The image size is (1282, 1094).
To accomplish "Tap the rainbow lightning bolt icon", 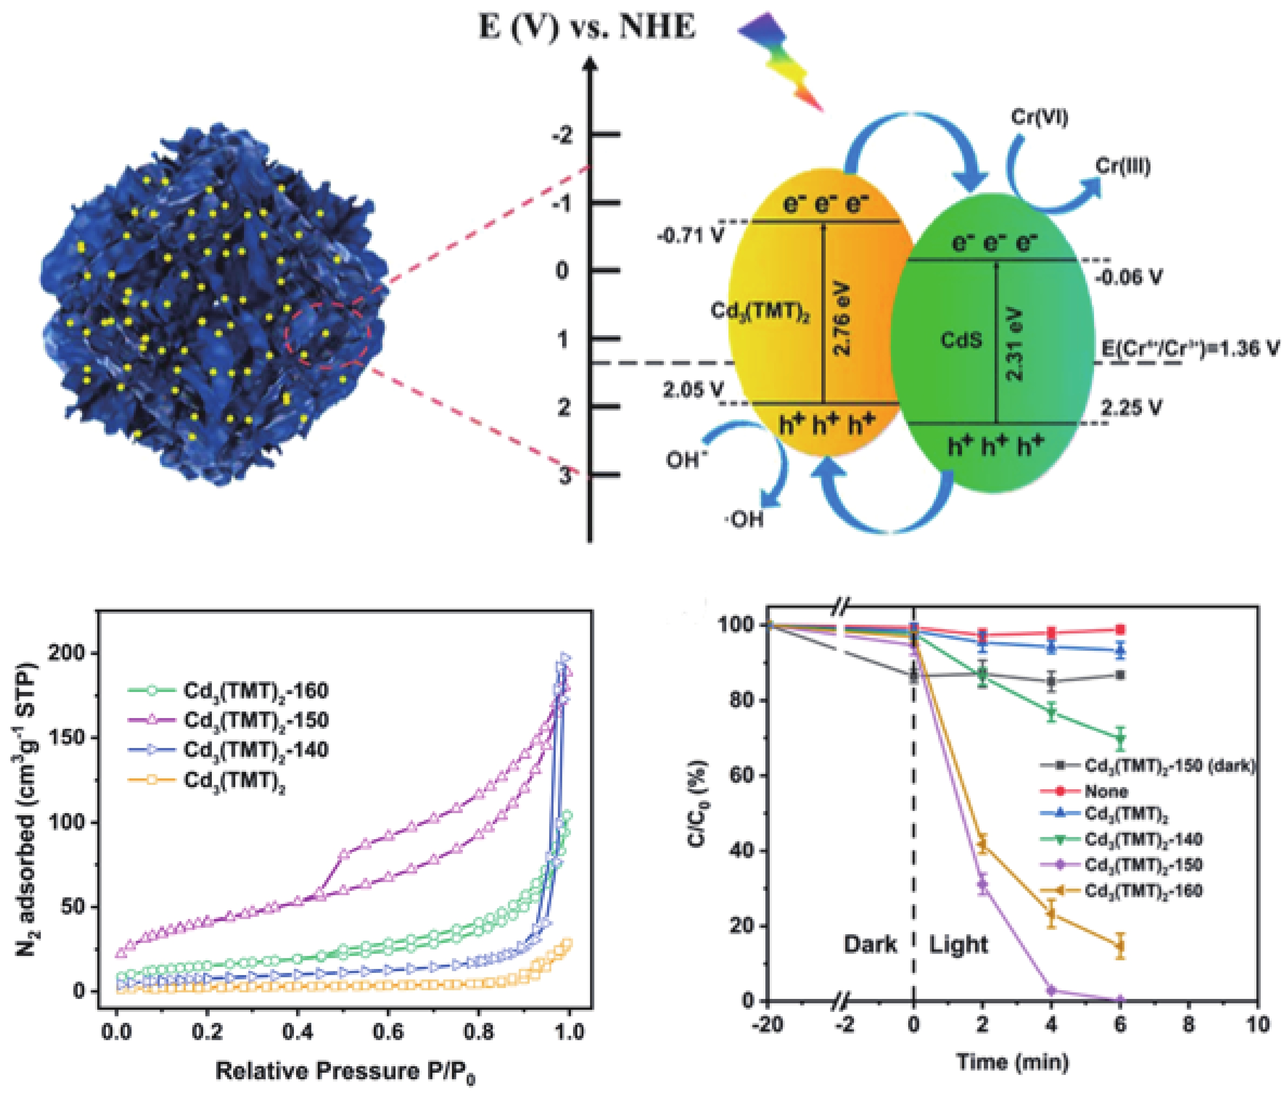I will (781, 59).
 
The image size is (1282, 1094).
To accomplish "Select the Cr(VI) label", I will (1039, 118).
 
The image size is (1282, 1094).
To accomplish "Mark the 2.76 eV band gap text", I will (843, 319).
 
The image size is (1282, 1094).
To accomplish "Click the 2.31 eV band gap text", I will (1015, 343).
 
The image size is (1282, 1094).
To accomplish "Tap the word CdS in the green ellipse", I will (961, 340).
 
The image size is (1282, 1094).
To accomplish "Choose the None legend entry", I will (1106, 791).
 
